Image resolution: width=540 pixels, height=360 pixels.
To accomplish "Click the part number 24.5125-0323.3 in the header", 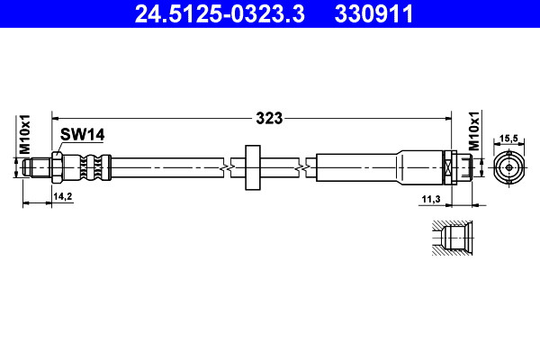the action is pyautogui.click(x=220, y=13).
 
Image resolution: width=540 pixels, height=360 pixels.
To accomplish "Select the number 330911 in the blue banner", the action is pyautogui.click(x=373, y=13).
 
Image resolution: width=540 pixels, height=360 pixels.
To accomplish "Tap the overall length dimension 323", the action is pyautogui.click(x=269, y=118).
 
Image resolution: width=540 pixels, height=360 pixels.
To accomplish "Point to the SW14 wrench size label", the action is pyautogui.click(x=82, y=134).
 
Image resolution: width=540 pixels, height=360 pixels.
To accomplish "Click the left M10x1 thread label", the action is pyautogui.click(x=25, y=134).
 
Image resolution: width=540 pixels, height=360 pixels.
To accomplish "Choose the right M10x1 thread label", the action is pyautogui.click(x=474, y=130).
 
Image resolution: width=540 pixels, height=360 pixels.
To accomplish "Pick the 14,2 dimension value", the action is pyautogui.click(x=63, y=196).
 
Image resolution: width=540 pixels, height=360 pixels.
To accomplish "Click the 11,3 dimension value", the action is pyautogui.click(x=431, y=199).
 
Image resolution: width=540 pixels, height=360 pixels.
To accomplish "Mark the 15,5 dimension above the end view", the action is pyautogui.click(x=508, y=138).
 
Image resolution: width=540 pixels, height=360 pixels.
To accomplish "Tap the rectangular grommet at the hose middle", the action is pyautogui.click(x=253, y=167).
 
